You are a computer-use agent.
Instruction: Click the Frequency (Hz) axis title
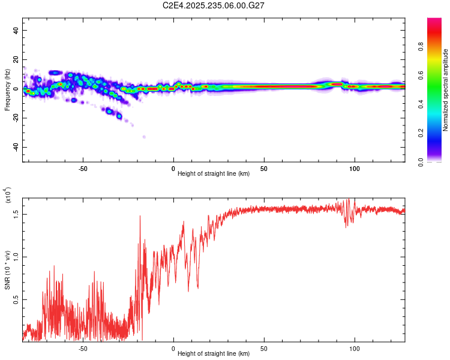pos(7,89)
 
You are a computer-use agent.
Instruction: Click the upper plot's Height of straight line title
pos(214,174)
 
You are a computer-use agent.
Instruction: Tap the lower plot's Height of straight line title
pos(214,354)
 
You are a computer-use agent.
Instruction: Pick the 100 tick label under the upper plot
pos(355,168)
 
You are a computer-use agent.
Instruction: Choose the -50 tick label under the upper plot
pos(83,168)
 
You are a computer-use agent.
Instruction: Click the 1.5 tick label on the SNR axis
pos(16,213)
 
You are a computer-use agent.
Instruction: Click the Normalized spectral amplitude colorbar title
pos(446,90)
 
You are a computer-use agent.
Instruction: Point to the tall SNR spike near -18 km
pos(140,217)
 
